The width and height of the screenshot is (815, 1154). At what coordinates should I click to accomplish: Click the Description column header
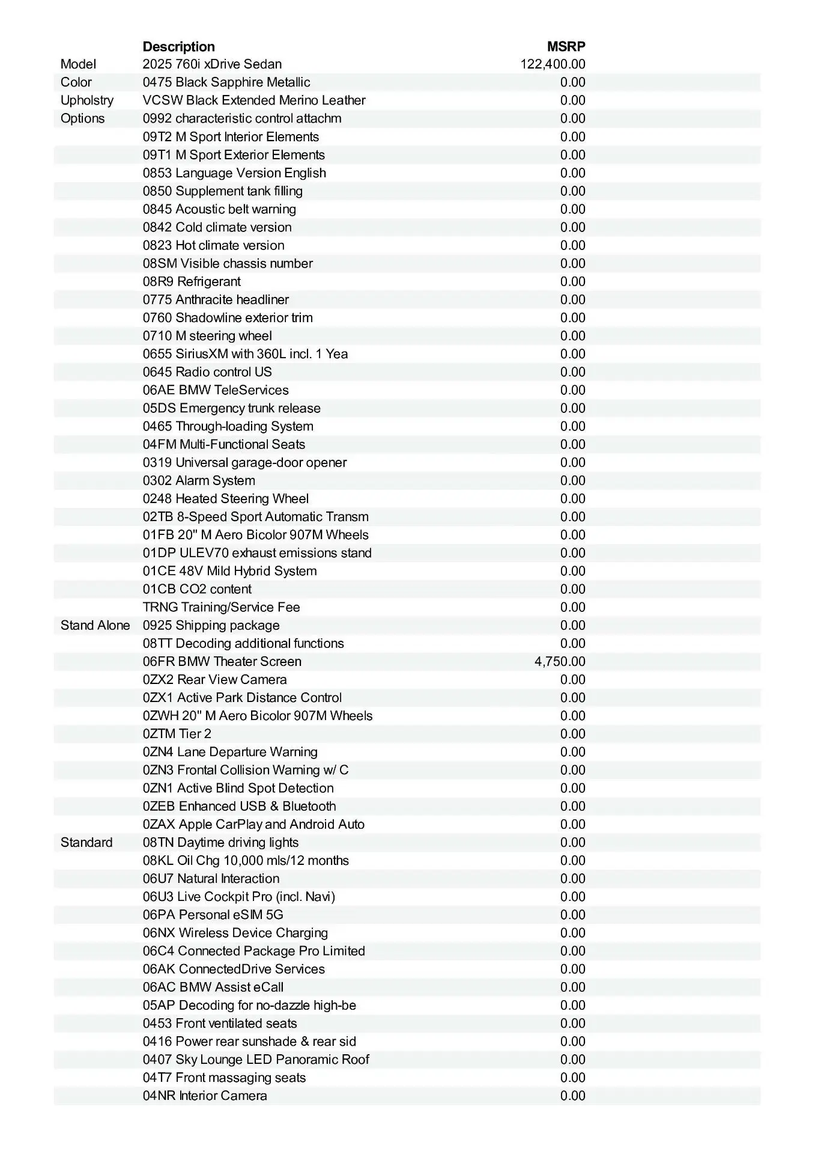click(x=178, y=47)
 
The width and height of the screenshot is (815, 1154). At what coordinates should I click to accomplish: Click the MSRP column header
click(x=566, y=47)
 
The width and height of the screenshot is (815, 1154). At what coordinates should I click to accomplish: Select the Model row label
click(x=78, y=64)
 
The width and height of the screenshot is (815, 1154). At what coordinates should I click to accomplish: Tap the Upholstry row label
click(x=86, y=100)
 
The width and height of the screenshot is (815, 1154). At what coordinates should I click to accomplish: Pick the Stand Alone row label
click(x=95, y=626)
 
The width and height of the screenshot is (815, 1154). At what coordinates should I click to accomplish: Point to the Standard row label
click(x=86, y=843)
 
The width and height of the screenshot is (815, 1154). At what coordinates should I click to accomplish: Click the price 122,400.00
click(x=553, y=64)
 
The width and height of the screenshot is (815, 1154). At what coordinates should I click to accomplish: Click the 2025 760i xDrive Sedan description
click(x=212, y=64)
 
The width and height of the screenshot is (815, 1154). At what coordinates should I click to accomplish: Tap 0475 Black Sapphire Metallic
click(x=226, y=82)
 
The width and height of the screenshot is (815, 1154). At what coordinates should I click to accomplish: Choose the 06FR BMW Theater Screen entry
click(x=222, y=662)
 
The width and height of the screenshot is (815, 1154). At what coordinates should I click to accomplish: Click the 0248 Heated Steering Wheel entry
click(x=226, y=499)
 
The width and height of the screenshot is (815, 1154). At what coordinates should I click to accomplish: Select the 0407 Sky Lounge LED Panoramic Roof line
click(x=256, y=1060)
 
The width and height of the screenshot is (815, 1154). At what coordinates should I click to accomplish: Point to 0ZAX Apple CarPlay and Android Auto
click(x=253, y=825)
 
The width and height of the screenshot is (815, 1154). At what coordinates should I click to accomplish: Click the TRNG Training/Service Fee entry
click(x=221, y=608)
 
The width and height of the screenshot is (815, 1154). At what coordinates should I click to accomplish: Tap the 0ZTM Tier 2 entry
click(x=177, y=734)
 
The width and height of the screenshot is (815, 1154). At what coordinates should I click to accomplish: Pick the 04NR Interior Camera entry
click(x=205, y=1096)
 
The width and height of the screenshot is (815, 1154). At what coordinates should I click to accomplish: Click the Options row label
click(x=82, y=118)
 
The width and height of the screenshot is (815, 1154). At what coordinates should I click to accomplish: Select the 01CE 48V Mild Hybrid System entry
click(x=229, y=571)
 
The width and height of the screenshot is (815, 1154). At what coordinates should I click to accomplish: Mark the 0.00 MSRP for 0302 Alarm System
click(x=572, y=481)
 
